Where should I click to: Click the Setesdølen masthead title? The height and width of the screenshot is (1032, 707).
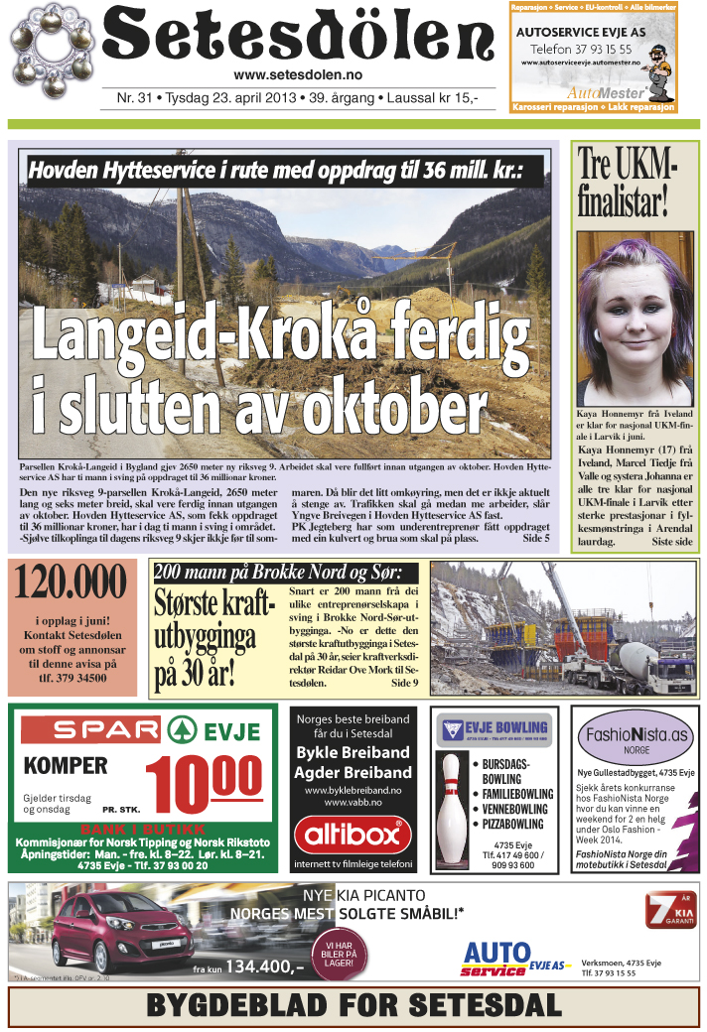(298, 38)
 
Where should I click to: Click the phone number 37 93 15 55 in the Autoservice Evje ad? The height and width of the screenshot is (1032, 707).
(595, 47)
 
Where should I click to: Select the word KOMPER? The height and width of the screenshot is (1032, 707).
(66, 766)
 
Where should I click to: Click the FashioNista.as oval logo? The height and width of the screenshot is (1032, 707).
(636, 735)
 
